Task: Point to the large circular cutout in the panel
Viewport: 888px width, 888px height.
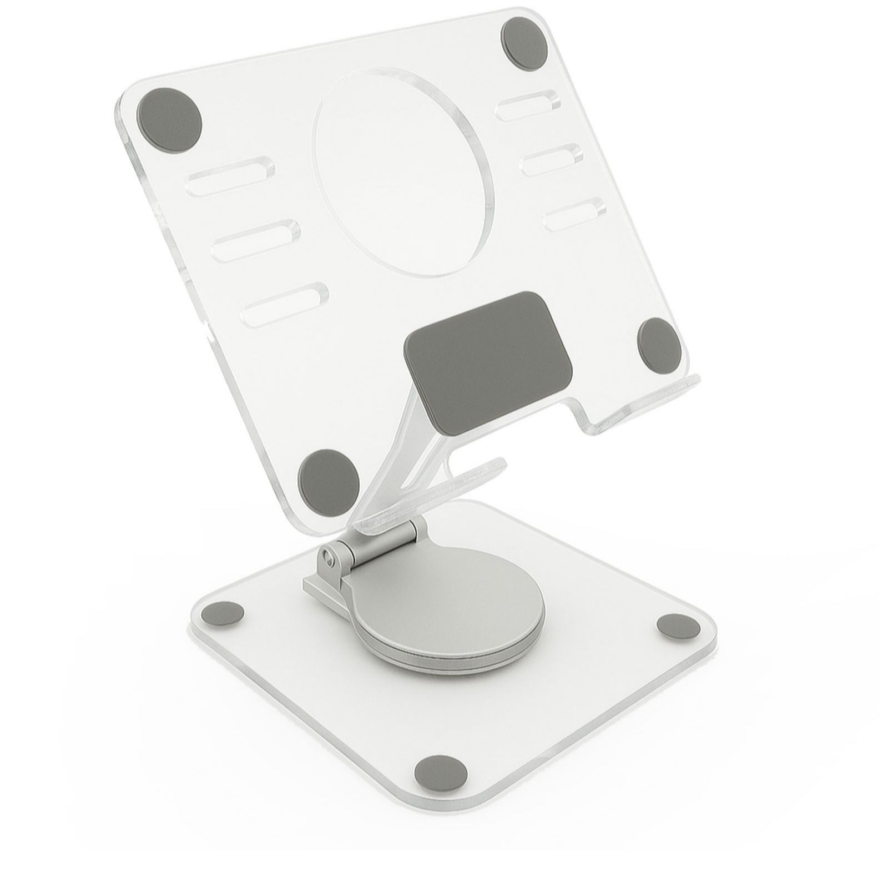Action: point(403,173)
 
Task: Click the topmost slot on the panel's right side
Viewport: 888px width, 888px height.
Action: point(527,107)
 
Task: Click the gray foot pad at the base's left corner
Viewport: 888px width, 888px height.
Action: point(223,614)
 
